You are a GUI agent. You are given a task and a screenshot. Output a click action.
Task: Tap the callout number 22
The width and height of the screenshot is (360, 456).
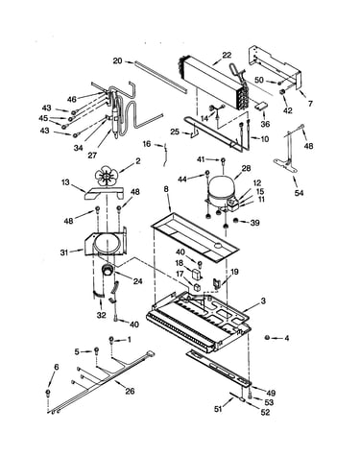(x=227, y=55)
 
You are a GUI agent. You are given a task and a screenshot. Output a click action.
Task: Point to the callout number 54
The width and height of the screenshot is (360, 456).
(x=299, y=193)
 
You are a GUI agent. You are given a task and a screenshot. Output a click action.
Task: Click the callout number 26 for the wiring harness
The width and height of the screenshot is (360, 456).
(x=130, y=391)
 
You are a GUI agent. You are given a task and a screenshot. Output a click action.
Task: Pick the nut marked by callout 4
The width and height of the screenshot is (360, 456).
(x=267, y=337)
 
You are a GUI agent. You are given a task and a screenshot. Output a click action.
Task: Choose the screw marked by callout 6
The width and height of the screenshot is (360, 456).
(x=48, y=393)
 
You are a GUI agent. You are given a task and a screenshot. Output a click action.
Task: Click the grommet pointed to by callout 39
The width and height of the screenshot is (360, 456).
(x=235, y=221)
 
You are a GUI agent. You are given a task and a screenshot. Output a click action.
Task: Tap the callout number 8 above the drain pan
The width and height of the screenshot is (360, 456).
(x=166, y=189)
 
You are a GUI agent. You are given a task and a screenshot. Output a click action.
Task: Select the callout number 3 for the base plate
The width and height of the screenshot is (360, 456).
(x=263, y=300)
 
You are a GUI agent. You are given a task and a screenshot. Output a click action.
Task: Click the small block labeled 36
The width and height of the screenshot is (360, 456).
(x=262, y=107)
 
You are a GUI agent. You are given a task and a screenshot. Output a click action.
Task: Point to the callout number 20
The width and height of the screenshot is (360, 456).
(x=118, y=60)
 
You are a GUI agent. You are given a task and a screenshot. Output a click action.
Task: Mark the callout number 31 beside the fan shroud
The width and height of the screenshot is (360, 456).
(x=64, y=252)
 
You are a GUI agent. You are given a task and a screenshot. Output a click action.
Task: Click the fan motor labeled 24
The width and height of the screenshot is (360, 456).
(x=108, y=270)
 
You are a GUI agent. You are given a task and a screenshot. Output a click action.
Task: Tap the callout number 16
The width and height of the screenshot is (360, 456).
(x=147, y=144)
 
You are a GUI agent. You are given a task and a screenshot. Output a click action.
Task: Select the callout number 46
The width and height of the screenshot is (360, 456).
(x=72, y=99)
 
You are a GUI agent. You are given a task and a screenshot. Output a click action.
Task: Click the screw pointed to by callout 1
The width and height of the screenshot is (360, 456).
(x=111, y=340)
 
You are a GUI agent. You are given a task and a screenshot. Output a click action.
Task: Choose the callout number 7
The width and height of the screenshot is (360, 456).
(x=310, y=104)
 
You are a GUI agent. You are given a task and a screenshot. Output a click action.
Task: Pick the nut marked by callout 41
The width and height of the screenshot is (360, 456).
(x=224, y=160)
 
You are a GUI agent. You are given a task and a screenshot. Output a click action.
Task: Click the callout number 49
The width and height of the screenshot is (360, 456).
(x=270, y=393)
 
